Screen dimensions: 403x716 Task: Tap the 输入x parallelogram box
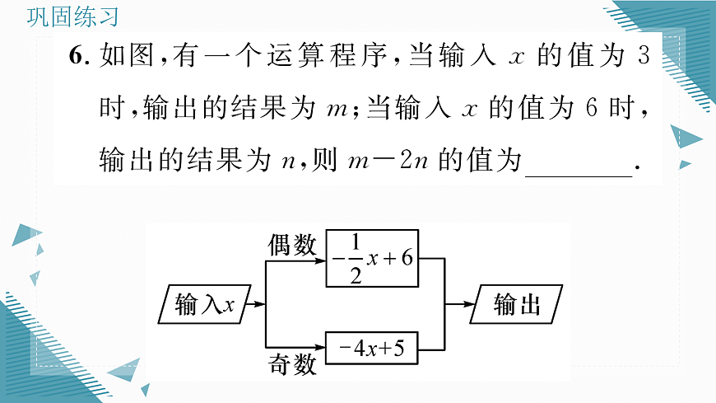coord(205,305)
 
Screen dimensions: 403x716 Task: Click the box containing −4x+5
coord(371,349)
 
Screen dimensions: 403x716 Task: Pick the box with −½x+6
coord(371,259)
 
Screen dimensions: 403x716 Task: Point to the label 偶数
coord(291,245)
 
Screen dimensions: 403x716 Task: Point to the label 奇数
coord(291,365)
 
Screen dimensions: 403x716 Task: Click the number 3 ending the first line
coord(644,58)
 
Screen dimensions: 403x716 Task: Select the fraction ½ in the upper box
coord(356,259)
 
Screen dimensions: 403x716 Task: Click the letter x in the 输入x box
coord(230,306)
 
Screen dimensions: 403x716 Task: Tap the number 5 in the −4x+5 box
coord(398,349)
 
